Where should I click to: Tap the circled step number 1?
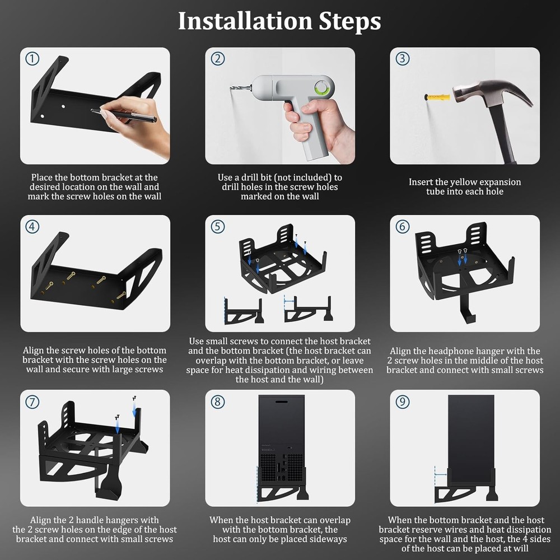pyautogui.click(x=33, y=59)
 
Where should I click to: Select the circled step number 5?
pyautogui.click(x=218, y=226)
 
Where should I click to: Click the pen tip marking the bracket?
pyautogui.click(x=94, y=111)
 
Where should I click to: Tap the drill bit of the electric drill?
pyautogui.click(x=238, y=88)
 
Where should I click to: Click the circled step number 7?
pyautogui.click(x=33, y=402)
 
